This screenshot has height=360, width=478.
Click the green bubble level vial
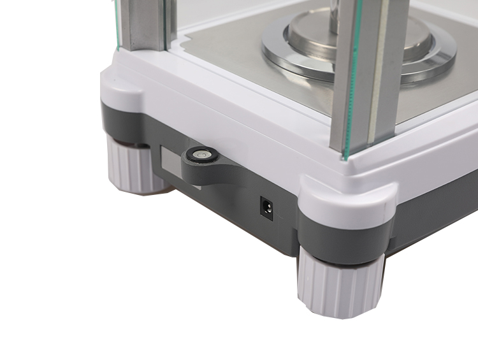point(202,154)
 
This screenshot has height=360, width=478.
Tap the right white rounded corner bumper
point(347,194)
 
